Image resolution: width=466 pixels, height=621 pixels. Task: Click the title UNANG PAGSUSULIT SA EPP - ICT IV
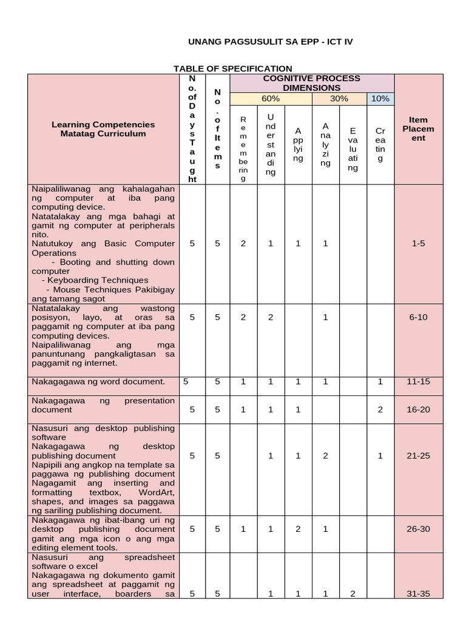click(270, 42)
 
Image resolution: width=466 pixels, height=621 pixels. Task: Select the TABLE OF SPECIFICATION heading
click(233, 69)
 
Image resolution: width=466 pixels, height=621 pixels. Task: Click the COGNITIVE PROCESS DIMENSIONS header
click(312, 83)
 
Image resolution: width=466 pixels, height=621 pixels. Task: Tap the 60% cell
click(271, 99)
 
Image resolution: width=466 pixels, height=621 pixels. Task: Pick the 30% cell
click(339, 99)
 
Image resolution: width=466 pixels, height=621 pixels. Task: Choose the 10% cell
click(380, 99)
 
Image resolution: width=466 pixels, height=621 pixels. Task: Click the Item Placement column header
click(418, 129)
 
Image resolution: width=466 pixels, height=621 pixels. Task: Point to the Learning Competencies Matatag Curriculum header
click(103, 129)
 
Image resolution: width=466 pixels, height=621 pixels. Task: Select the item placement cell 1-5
click(418, 243)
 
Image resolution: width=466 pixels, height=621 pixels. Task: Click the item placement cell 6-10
click(418, 317)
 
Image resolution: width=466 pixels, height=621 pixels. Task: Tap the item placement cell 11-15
click(418, 381)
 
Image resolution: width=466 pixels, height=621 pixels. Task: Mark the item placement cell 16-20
click(418, 409)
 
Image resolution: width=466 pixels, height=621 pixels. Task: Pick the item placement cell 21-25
click(418, 455)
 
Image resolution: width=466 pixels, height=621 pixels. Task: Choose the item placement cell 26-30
click(418, 529)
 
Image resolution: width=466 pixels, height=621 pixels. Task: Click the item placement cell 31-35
click(418, 594)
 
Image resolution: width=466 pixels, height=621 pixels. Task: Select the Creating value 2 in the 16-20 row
click(380, 409)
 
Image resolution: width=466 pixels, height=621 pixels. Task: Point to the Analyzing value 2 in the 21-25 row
click(326, 455)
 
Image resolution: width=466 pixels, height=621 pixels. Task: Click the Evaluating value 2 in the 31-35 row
click(353, 594)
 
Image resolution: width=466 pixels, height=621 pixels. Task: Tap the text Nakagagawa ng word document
click(98, 381)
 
